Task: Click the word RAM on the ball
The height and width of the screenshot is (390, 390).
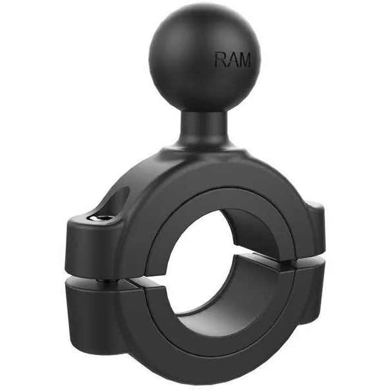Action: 233,59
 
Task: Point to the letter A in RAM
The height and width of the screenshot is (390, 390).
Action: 231,59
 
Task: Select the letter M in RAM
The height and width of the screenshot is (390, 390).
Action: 244,59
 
